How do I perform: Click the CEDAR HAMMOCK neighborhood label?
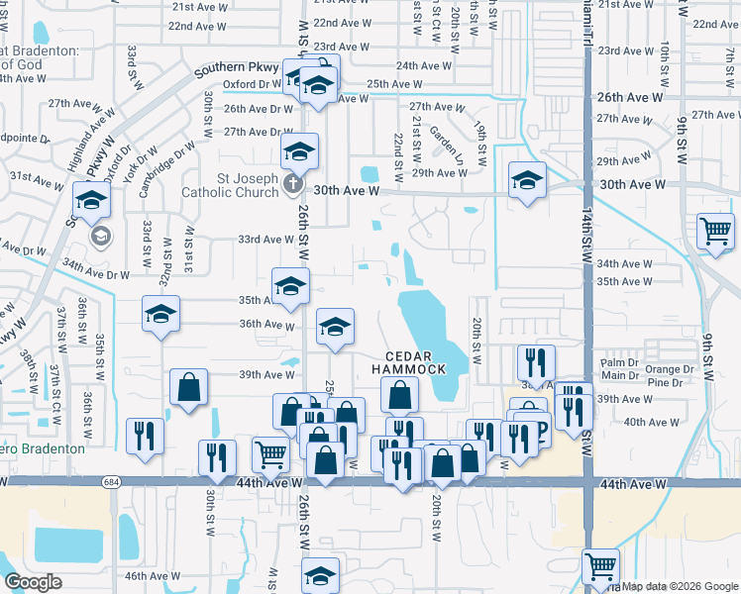click(x=409, y=361)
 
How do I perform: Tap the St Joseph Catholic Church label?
click(x=230, y=185)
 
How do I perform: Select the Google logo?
click(x=34, y=581)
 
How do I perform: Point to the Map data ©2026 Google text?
click(x=679, y=585)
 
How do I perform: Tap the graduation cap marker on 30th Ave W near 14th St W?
click(x=527, y=180)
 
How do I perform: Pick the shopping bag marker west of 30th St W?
click(x=188, y=387)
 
